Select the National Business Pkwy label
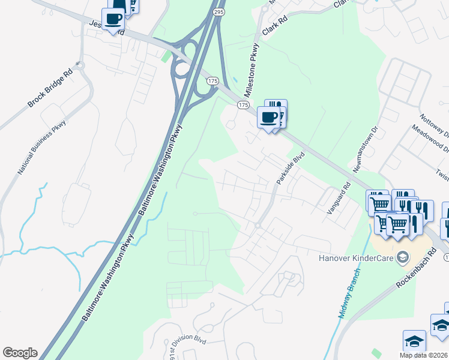point(41,147)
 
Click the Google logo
point(19,353)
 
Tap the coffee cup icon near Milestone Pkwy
point(268,116)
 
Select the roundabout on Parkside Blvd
point(257,226)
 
